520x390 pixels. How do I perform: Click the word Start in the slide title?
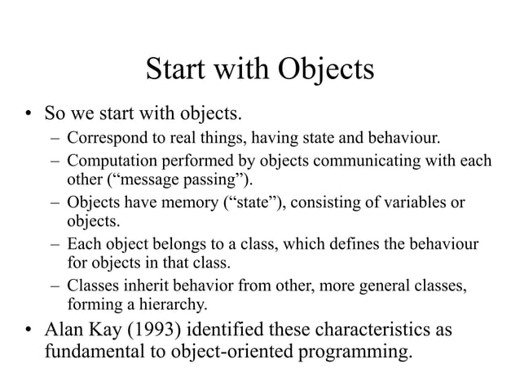click(176, 71)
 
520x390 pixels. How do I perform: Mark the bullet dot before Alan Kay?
click(27, 332)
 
